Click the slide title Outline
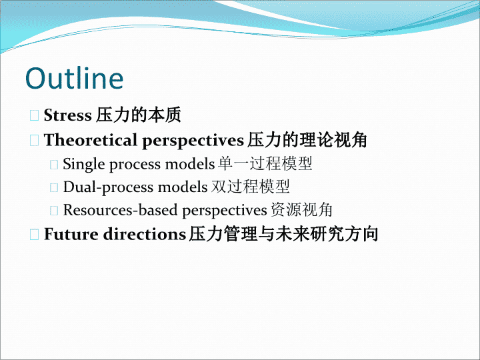coord(75,78)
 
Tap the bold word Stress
coord(67,115)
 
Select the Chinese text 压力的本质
coord(139,115)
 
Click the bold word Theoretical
coord(90,140)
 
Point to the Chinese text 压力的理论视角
coord(307,140)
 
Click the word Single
coord(84,165)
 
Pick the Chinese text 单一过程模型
coord(265,163)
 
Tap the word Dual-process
coord(108,187)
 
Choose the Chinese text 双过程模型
coord(251,187)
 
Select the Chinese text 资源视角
coord(301,210)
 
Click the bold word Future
coord(71,234)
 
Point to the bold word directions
coord(145,234)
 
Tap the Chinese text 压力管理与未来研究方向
coord(283,234)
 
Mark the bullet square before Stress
coord(34,115)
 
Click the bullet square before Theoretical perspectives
coord(34,141)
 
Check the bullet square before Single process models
coord(54,165)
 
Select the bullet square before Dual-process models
coord(54,187)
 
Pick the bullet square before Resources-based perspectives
coord(54,211)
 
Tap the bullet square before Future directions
coord(34,235)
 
